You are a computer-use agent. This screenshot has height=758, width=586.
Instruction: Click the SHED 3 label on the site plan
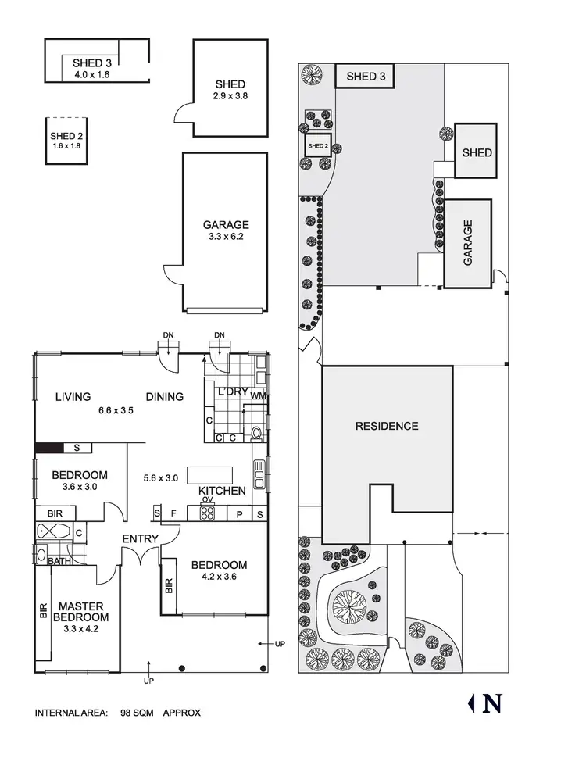(365, 76)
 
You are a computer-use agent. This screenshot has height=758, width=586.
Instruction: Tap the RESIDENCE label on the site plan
(387, 426)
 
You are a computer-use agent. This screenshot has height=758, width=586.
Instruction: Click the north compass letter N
(492, 703)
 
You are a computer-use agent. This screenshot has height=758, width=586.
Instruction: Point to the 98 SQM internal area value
(136, 713)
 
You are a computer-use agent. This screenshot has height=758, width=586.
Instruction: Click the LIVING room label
(73, 396)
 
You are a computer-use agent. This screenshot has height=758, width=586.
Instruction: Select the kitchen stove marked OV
(208, 513)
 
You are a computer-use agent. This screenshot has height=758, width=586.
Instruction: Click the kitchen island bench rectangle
(209, 475)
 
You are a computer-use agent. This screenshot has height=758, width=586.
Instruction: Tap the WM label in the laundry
(259, 396)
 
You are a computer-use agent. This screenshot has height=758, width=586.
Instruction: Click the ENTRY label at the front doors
(141, 538)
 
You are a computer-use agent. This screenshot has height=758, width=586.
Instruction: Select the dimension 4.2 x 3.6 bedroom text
(219, 579)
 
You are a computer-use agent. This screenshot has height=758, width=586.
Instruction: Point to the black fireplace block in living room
(48, 448)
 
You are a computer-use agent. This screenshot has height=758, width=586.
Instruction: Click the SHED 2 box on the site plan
(317, 146)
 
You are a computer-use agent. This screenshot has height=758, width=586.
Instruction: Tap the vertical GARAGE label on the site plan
(468, 243)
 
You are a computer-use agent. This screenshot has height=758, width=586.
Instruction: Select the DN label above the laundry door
(219, 335)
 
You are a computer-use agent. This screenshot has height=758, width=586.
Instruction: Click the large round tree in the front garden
(349, 604)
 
